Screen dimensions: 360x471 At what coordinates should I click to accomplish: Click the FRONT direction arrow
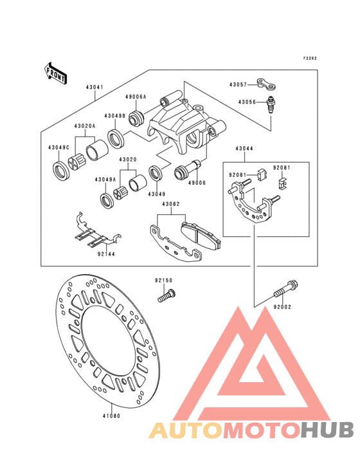[55, 73]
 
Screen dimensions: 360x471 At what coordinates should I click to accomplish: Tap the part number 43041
[94, 87]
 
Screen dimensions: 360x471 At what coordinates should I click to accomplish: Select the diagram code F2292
[309, 59]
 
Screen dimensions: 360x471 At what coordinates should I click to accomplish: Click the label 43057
[238, 85]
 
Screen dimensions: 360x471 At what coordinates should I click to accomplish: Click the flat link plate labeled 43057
[265, 84]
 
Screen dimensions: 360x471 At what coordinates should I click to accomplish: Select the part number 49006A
[136, 97]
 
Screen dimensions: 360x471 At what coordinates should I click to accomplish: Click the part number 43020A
[85, 126]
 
